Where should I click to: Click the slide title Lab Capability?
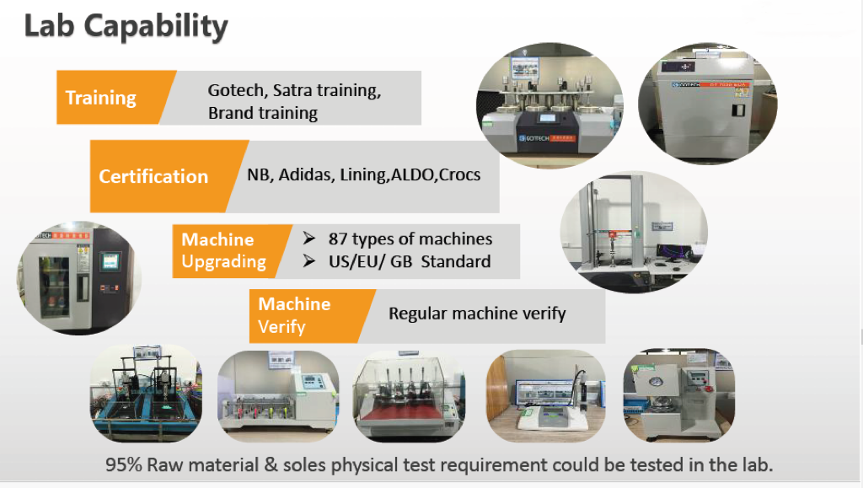(126, 26)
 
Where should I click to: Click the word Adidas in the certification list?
(305, 174)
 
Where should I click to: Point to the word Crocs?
(460, 174)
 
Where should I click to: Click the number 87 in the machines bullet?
(338, 239)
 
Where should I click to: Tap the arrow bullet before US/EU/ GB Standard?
(308, 260)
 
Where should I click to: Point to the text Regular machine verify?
(477, 314)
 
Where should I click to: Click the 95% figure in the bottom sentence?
(124, 465)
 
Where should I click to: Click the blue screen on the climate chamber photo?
(110, 261)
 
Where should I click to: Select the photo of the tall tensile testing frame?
(634, 232)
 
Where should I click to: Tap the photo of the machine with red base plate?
(409, 395)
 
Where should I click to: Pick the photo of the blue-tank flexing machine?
(146, 394)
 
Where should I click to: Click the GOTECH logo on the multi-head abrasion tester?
(533, 138)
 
